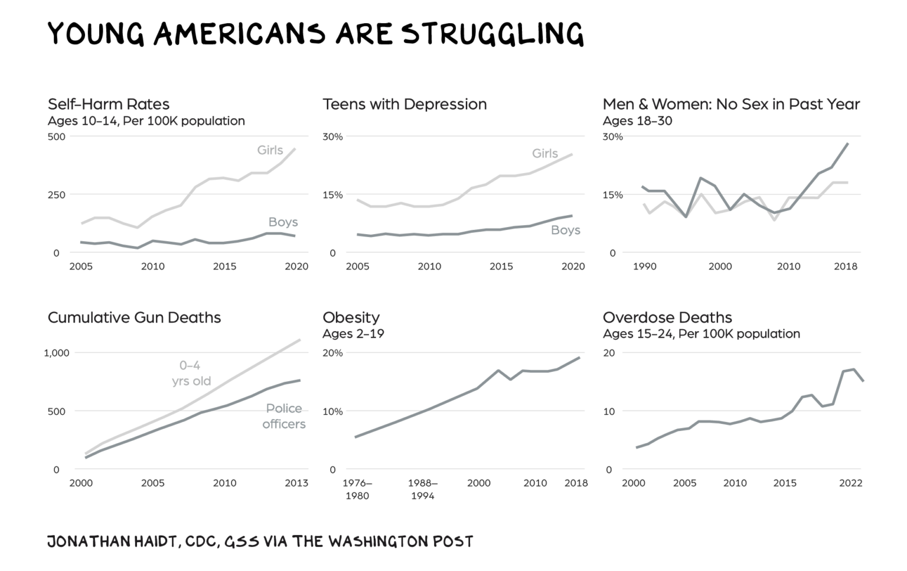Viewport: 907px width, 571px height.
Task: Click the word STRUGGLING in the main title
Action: coord(493,34)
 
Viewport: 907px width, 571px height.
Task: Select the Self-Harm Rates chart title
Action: coord(109,105)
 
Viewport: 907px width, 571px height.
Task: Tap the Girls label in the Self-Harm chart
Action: coord(270,150)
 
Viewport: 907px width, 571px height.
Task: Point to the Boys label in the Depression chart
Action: coord(565,230)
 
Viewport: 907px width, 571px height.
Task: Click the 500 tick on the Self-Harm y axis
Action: coord(57,137)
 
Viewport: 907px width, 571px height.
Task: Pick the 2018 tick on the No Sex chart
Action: coord(845,267)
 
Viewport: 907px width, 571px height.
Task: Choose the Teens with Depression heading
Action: coord(404,105)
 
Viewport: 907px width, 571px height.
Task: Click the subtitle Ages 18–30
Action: coord(637,121)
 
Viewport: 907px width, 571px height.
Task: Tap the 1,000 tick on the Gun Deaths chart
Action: coord(57,353)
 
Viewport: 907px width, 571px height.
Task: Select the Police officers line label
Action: coord(284,416)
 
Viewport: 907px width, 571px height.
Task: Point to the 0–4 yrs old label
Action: coord(191,373)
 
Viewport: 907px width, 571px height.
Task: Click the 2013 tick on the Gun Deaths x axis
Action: coord(296,483)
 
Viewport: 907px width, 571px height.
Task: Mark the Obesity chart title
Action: coord(351,317)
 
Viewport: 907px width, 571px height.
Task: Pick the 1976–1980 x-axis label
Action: coord(357,489)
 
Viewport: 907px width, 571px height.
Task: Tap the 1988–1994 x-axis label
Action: coord(423,489)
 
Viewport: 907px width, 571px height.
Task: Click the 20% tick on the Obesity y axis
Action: coord(332,353)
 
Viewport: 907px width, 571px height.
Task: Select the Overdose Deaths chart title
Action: coord(667,317)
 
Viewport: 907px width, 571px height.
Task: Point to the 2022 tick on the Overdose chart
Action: coord(851,483)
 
